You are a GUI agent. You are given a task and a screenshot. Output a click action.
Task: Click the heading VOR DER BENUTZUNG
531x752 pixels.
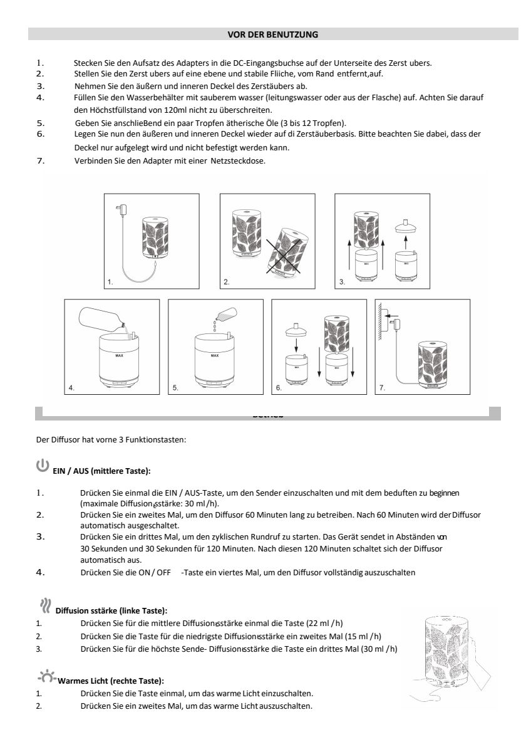coord(272,34)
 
